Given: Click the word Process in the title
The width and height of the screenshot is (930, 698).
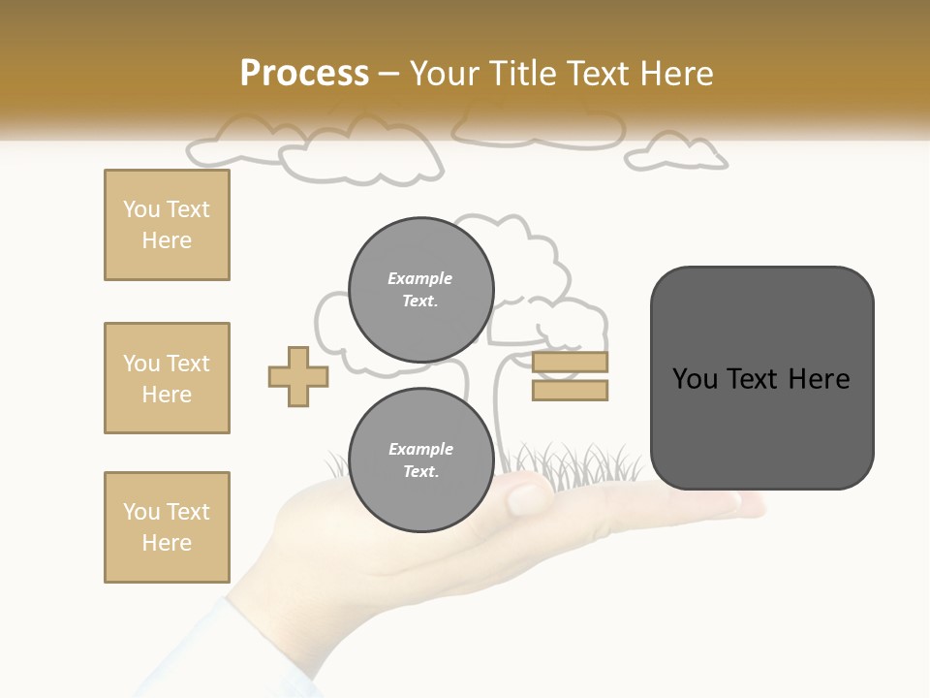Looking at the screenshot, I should coord(304,73).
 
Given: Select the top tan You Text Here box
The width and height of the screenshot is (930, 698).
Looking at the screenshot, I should coord(167,225).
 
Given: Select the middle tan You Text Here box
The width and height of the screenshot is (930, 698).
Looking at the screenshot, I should coord(167,378).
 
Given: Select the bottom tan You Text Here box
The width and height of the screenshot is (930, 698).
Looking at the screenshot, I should coord(167,527).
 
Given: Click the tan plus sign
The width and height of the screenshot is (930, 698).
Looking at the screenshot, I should coord(298,376).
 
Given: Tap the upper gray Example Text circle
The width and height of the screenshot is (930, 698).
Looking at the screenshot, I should coord(420,290).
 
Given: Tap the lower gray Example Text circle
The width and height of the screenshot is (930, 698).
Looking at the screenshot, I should coord(420,460).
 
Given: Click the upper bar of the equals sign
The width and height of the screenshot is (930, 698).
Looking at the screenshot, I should coord(570,363).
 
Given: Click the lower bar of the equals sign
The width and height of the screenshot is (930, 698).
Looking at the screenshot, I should coord(570,391).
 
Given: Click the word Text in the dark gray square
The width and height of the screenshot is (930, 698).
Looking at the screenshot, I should coord(756,379).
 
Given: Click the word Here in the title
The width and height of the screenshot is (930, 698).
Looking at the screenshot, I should coord(677,74).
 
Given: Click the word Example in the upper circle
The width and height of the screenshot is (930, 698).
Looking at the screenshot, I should coord(419,278).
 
